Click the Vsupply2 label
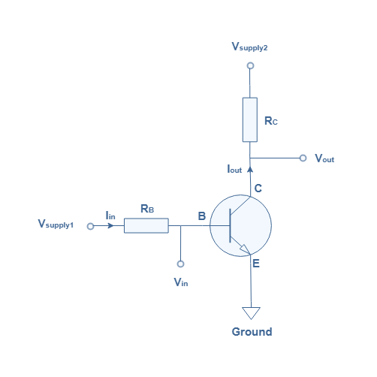coord(249,47)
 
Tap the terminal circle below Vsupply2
coord(250,65)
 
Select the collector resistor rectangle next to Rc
coord(250,119)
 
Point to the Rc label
coord(271,121)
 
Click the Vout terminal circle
coord(303,158)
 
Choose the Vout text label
coord(324,158)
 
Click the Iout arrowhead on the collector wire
coord(250,170)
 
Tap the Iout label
coord(234,169)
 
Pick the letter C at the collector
coord(258,188)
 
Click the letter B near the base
coord(202,216)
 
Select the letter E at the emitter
coord(256,264)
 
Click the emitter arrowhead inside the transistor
coord(245,249)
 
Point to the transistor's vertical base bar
coord(230,225)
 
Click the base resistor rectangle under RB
coord(146,225)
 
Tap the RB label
coord(147,209)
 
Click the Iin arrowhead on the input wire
coord(110,226)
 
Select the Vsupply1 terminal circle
coord(90,226)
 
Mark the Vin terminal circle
coord(180,264)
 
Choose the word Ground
coord(252,332)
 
